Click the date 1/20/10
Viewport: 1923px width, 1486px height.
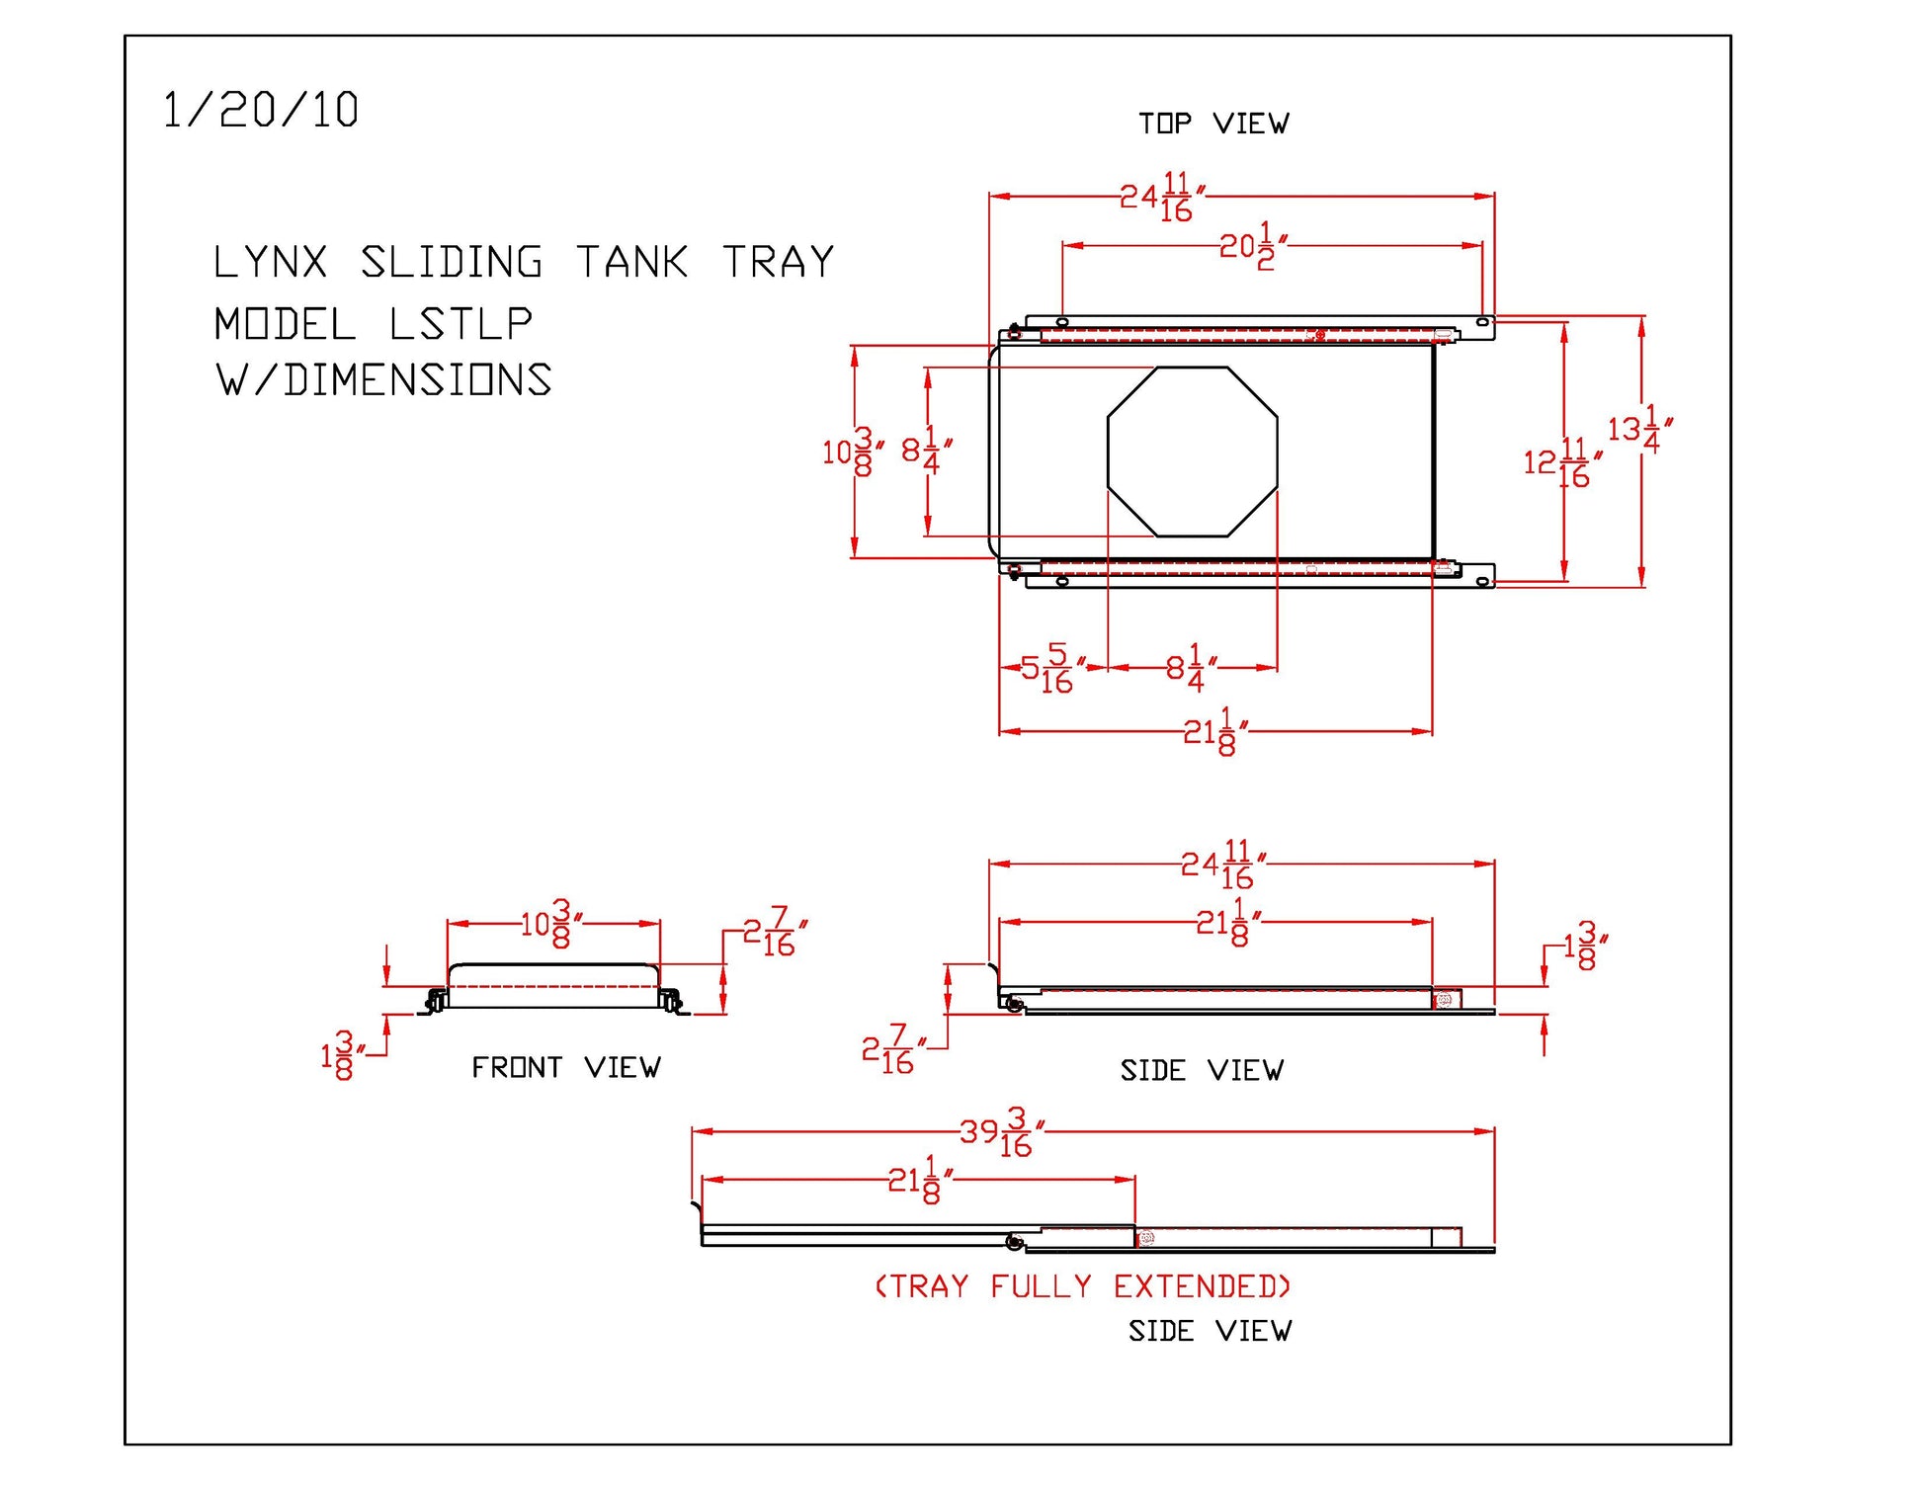point(260,110)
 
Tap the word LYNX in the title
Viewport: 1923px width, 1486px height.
point(270,263)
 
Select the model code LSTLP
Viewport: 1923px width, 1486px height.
point(460,324)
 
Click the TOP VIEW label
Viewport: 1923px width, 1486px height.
point(1212,124)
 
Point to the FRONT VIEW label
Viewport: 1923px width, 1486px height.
point(565,1067)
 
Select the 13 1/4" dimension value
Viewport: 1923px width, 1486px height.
point(1638,429)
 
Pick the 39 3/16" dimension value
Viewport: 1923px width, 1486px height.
point(1001,1132)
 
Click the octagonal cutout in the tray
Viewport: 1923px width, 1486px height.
point(1192,452)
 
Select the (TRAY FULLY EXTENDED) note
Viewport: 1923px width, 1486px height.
point(1083,1286)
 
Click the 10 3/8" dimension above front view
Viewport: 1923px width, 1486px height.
point(550,925)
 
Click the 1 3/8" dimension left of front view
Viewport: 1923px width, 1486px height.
point(339,1056)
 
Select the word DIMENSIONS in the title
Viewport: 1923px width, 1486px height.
point(418,380)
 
